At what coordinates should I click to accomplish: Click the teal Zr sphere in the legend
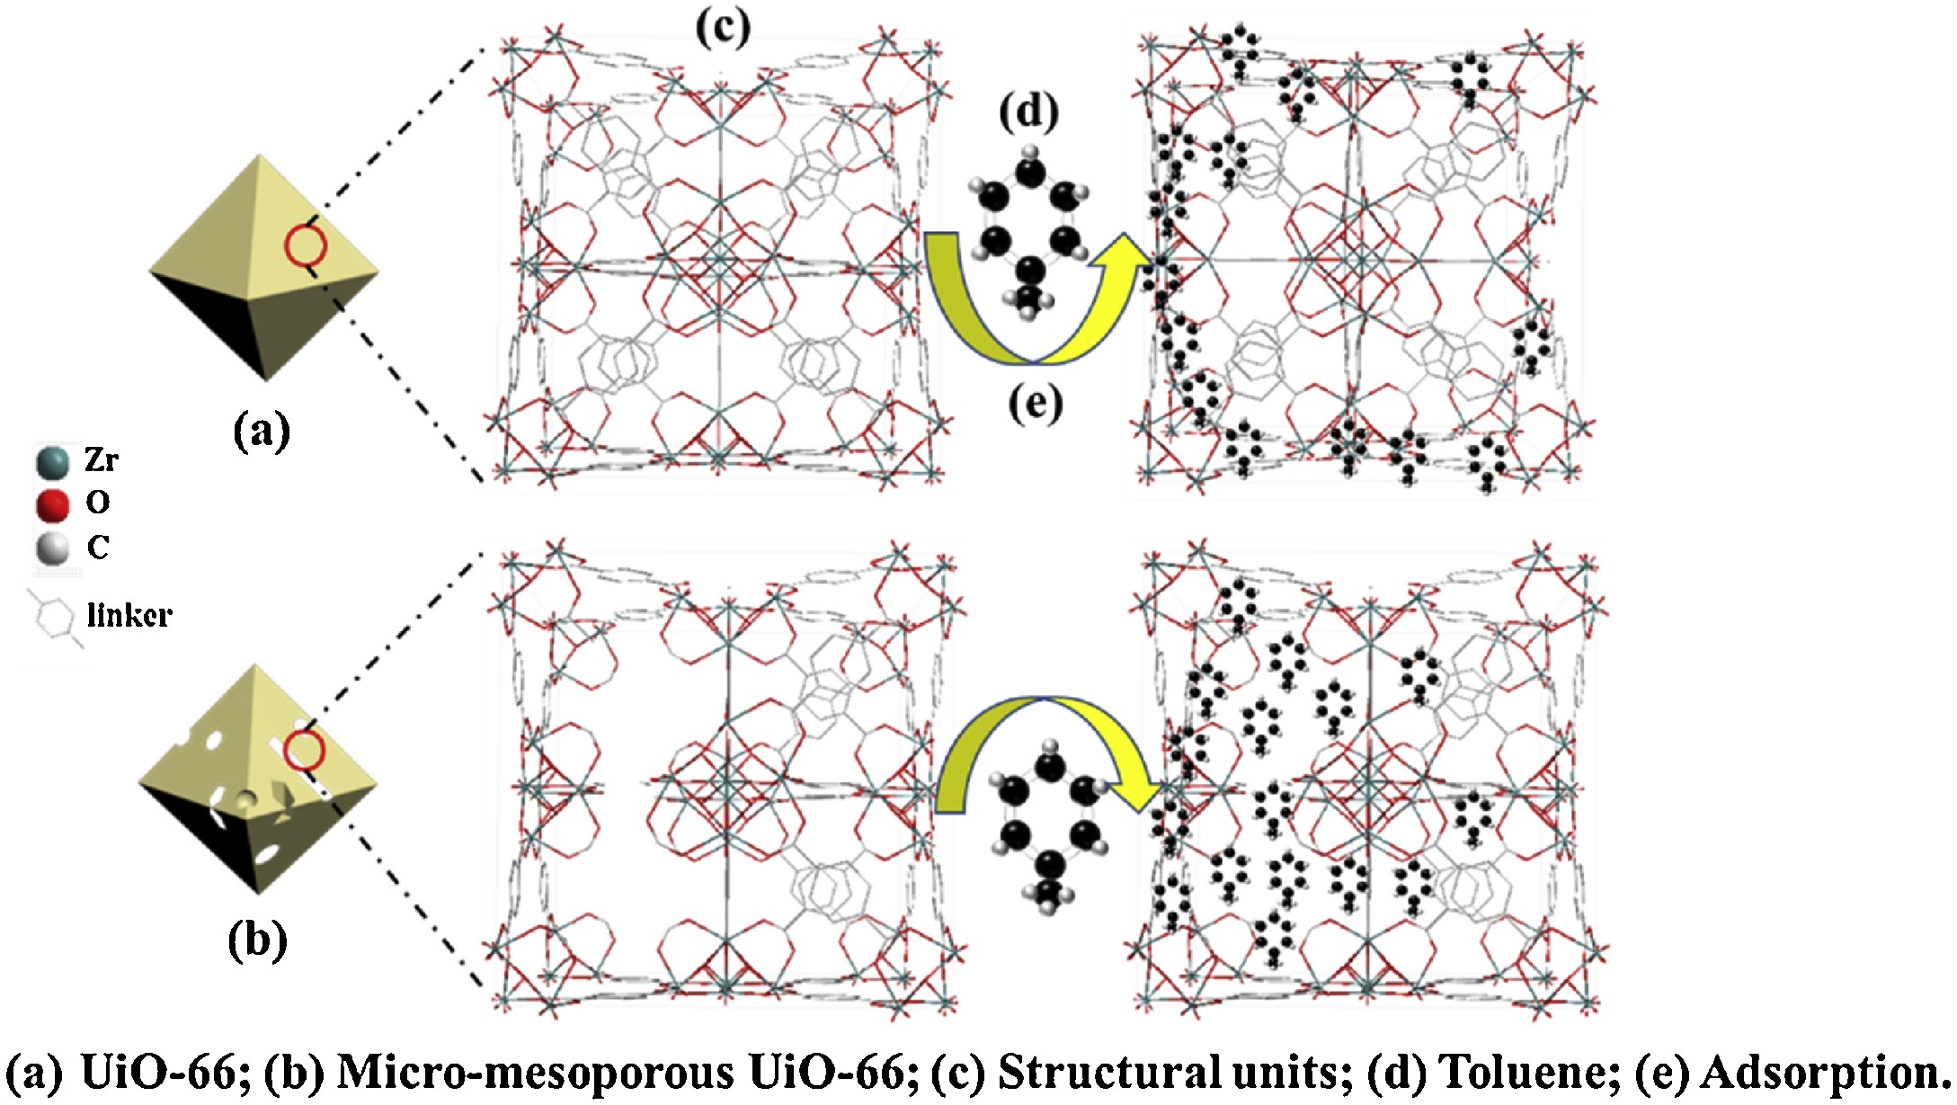53,461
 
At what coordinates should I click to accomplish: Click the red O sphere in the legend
53,503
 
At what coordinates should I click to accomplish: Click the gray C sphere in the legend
53,548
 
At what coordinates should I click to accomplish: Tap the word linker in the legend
129,616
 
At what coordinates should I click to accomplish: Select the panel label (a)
262,432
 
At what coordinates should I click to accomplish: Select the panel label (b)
257,940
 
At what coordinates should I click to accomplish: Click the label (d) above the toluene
1028,111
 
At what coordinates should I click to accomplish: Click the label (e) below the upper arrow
1035,405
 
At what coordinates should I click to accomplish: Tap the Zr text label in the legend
101,461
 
